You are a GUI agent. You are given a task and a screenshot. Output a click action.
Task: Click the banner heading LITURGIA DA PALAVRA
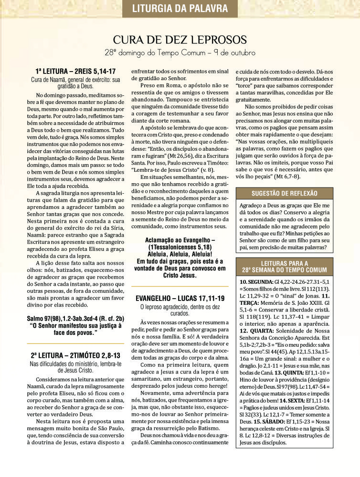[180, 8]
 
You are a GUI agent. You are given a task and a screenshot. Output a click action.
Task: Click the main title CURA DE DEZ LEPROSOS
[180, 39]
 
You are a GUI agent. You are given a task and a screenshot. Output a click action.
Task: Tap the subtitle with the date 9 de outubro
[180, 52]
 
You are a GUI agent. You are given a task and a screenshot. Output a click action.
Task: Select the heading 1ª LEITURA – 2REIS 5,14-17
[75, 71]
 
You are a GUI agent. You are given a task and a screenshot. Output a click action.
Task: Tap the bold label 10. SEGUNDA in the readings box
[256, 282]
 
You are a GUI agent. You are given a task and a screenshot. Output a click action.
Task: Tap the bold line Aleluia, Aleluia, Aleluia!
[180, 254]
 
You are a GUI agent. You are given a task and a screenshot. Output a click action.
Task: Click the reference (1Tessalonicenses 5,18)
[180, 248]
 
